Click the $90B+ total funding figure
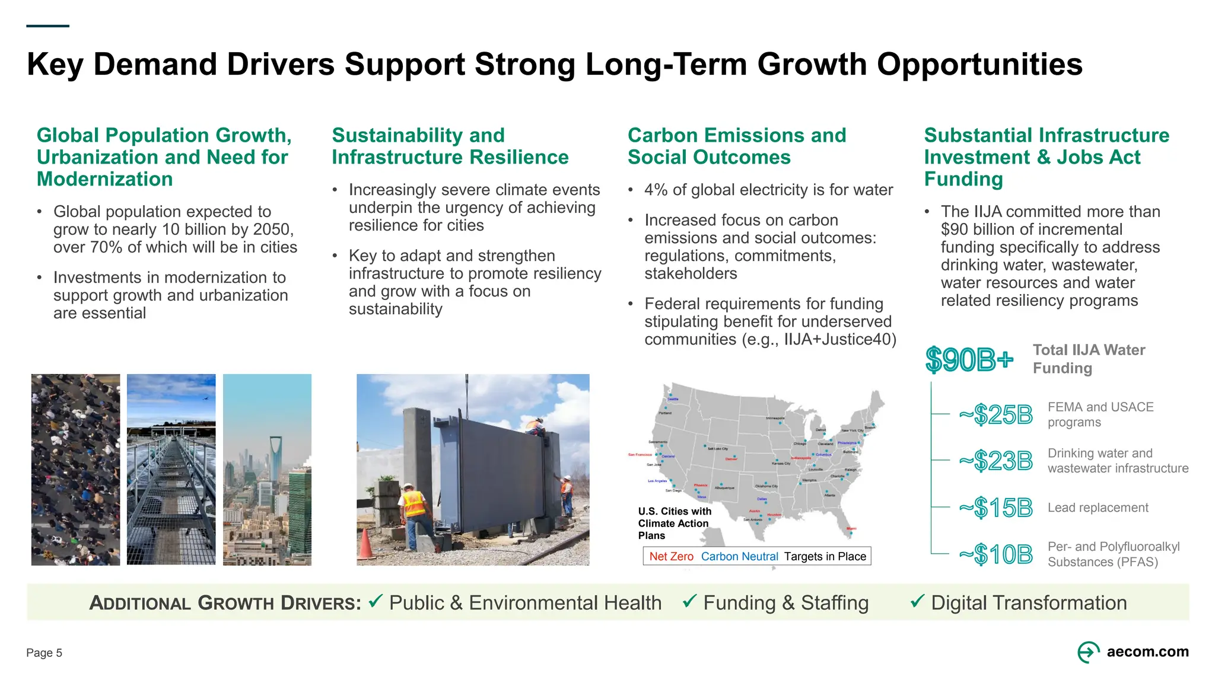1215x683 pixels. click(969, 359)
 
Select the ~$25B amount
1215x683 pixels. click(996, 414)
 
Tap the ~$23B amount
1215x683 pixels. click(996, 461)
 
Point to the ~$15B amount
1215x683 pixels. click(996, 508)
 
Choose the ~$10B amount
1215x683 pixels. click(996, 554)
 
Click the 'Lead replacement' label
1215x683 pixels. click(1098, 508)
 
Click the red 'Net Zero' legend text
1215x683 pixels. click(671, 556)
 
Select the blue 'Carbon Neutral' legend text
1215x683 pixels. click(739, 556)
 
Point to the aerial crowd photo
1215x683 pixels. click(75, 469)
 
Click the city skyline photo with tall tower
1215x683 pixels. click(267, 469)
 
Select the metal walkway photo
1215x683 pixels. click(171, 469)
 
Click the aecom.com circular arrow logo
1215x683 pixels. click(1088, 652)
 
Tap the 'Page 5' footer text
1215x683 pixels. click(44, 653)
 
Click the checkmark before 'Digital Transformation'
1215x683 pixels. click(917, 601)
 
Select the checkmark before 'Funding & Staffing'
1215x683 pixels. click(689, 601)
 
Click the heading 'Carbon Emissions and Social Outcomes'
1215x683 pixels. click(737, 146)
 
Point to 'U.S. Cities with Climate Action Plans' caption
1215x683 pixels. click(674, 523)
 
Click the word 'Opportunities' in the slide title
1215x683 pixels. click(979, 64)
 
